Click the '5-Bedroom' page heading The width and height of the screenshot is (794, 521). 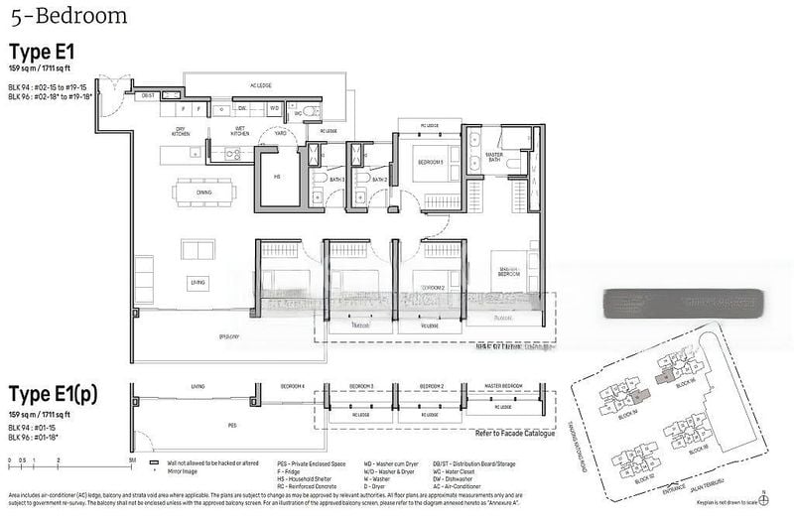[68, 16]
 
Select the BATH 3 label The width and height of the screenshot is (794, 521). [334, 180]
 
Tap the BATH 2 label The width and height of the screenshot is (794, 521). [377, 180]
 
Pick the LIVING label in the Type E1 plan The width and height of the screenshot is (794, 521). [198, 283]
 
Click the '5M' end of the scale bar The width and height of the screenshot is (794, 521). [131, 461]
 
